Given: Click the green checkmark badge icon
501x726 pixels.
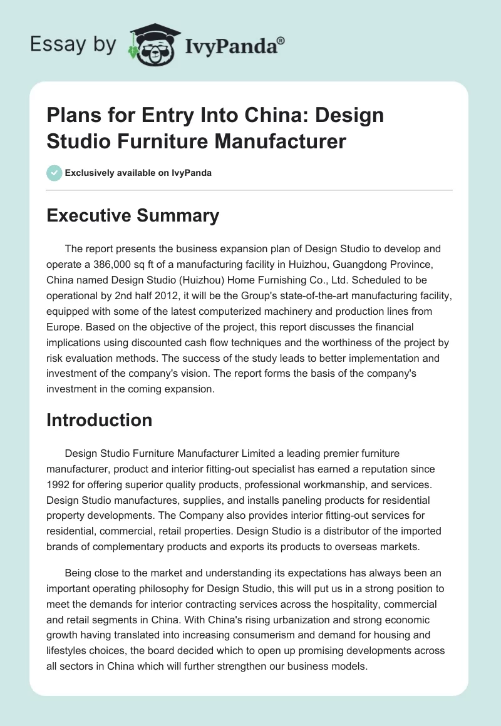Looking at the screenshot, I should coord(54,173).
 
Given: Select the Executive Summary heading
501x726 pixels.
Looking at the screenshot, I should coord(133,216).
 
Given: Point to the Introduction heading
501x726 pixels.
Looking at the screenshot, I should coord(100,420).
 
